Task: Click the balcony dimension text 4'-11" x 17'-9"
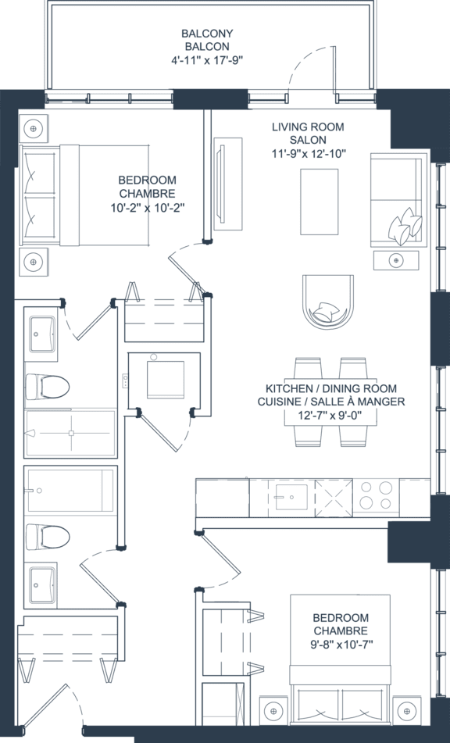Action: (207, 60)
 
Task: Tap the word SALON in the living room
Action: (308, 140)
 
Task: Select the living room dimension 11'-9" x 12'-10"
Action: (309, 153)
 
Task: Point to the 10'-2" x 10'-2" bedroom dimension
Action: (148, 207)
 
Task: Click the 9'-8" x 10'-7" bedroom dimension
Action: (341, 644)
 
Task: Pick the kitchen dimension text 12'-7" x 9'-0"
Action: (331, 415)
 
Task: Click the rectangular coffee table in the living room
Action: (320, 202)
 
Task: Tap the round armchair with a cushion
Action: (328, 302)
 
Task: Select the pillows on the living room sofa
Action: (405, 226)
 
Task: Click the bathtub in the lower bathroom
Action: (70, 491)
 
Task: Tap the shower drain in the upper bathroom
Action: (71, 433)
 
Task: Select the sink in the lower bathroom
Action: (41, 584)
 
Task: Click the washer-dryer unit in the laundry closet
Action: (165, 380)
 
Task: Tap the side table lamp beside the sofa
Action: (396, 260)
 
